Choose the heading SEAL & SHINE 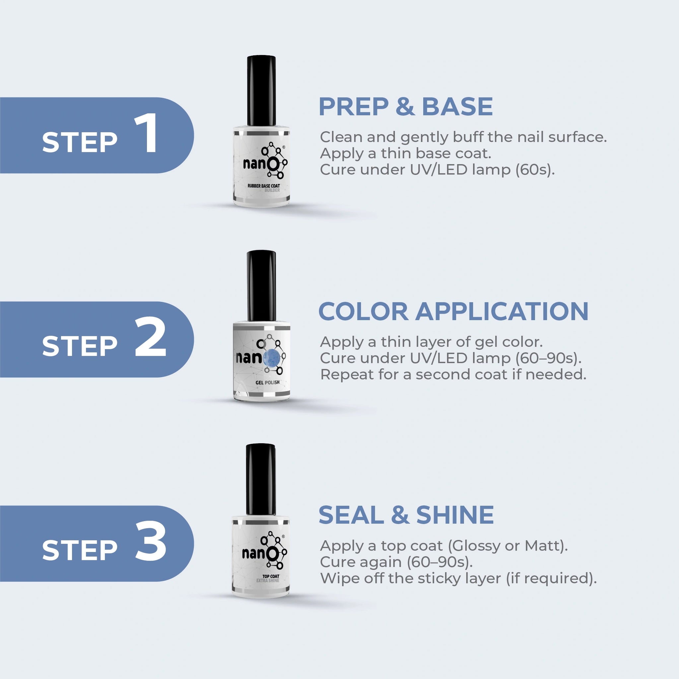(406, 515)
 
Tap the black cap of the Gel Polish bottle (261, 286)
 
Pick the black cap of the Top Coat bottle (261, 480)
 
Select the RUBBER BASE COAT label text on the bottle (264, 186)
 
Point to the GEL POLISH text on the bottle (268, 382)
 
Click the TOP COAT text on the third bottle (271, 576)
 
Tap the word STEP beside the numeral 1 (80, 142)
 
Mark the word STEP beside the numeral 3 (80, 550)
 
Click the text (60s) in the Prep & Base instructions (535, 170)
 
